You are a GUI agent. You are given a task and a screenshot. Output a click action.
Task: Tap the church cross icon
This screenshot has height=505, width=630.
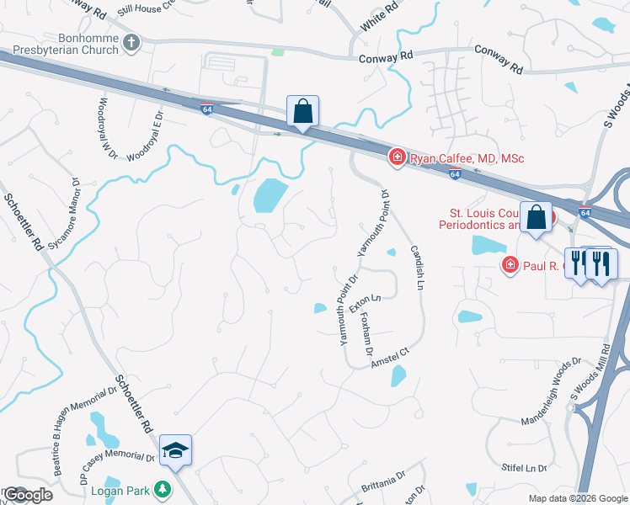131,41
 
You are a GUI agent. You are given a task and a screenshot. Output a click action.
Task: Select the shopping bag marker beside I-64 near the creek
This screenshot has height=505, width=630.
302,111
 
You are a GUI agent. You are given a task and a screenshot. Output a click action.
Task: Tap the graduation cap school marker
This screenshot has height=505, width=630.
176,451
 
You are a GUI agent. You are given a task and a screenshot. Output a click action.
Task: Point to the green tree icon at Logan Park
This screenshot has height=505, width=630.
166,489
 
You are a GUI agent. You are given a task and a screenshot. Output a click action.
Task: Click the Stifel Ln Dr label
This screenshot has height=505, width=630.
525,467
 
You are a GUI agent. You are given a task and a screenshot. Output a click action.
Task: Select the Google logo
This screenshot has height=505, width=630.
27,495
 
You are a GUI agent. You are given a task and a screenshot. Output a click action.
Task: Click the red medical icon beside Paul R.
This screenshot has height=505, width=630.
510,266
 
